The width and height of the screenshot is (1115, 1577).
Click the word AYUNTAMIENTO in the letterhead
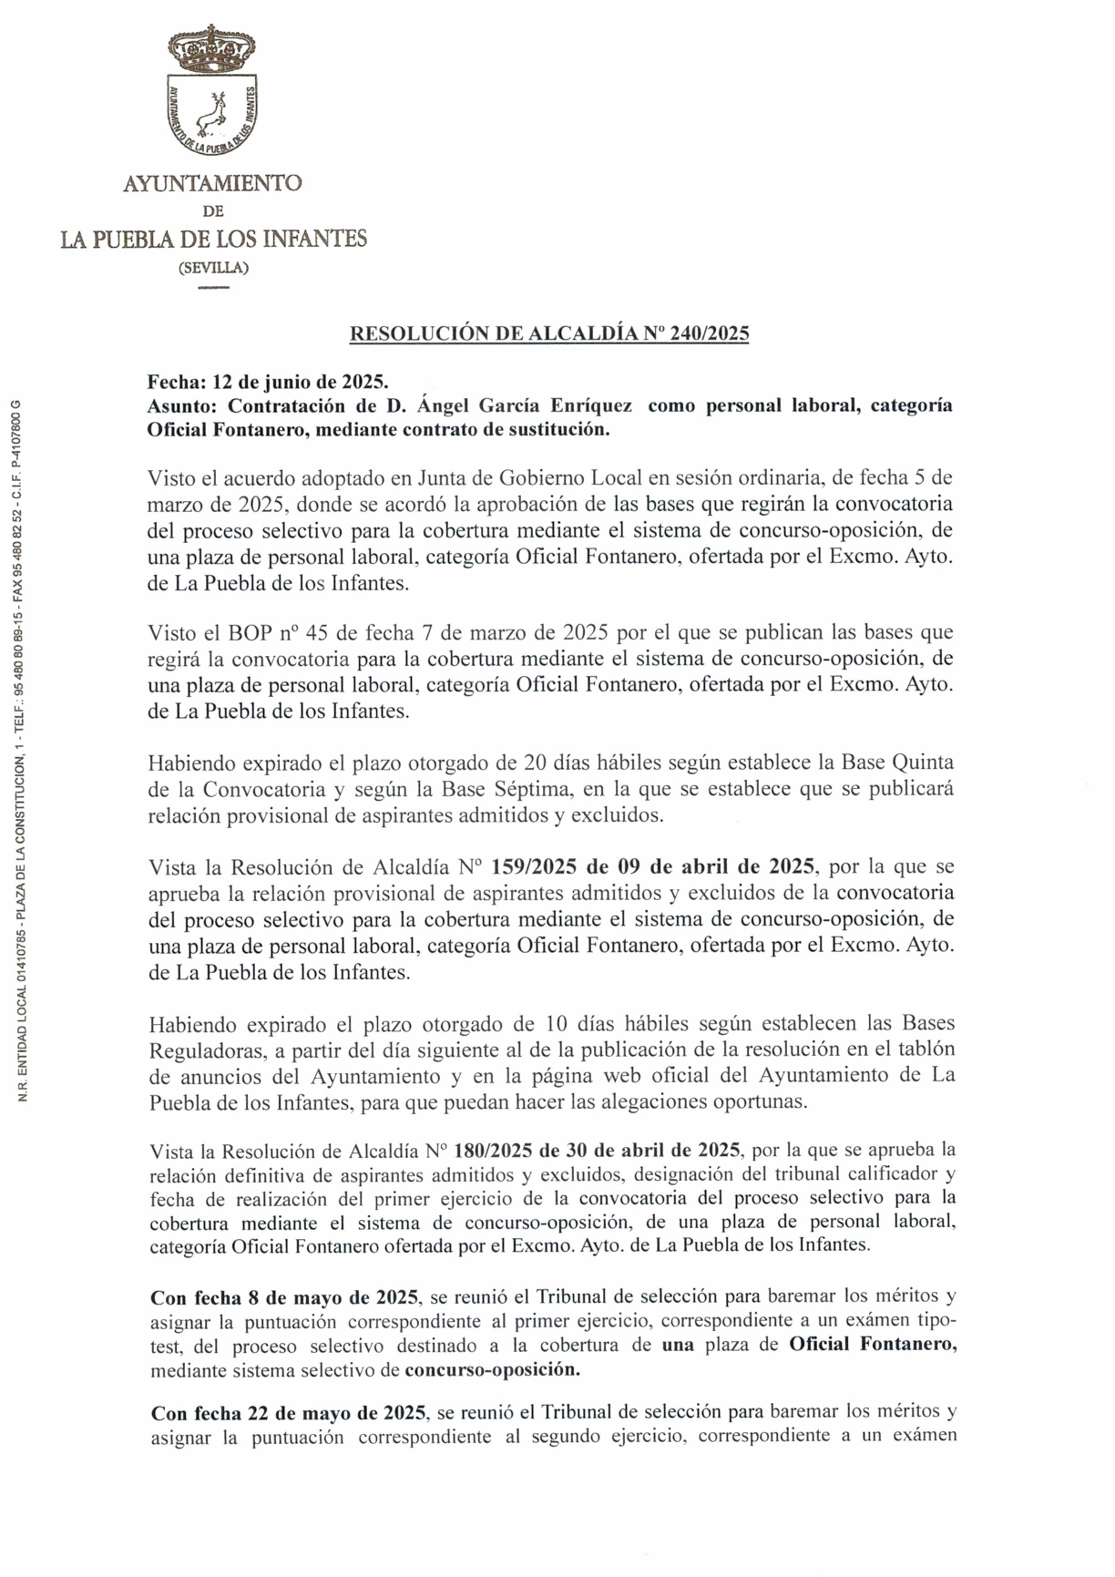coord(212,183)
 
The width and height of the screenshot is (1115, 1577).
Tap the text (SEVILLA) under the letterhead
coord(213,268)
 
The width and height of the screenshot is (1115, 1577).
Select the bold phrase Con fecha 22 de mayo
coord(288,1412)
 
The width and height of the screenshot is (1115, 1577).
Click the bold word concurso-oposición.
coord(492,1369)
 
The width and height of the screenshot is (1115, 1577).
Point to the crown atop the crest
coord(212,48)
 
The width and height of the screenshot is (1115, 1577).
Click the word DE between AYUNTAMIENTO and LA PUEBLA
coord(212,211)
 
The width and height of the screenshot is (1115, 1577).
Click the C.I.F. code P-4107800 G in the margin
coord(25,435)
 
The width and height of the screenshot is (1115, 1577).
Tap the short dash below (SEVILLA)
coord(213,288)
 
